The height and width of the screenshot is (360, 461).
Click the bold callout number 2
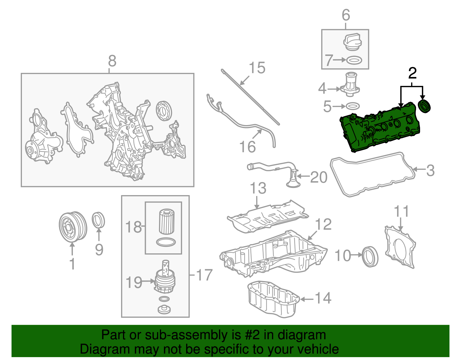[x=412, y=73]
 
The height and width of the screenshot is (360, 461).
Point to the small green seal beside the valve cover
[x=424, y=106]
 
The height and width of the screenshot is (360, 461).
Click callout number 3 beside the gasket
[x=430, y=170]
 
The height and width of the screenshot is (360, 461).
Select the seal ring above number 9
[x=98, y=220]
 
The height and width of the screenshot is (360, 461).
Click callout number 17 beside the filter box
[x=204, y=275]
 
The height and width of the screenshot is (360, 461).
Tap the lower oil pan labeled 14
[x=272, y=300]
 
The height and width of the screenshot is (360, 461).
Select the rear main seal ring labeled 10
[x=370, y=257]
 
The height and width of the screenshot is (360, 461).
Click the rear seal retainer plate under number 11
[x=400, y=248]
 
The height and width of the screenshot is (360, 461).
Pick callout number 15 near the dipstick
[x=257, y=68]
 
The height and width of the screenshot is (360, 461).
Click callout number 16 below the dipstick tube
[x=247, y=147]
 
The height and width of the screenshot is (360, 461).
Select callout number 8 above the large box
[x=112, y=61]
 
